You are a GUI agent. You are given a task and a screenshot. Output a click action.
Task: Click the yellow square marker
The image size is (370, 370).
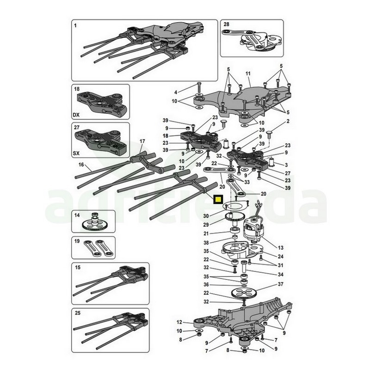(217, 200)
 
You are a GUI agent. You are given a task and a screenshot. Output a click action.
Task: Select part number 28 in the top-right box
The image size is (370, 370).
(226, 25)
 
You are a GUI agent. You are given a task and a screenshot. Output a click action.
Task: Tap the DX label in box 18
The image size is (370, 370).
(76, 115)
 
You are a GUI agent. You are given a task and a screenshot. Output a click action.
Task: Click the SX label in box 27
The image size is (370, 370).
(76, 153)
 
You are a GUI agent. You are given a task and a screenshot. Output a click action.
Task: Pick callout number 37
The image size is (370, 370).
(280, 284)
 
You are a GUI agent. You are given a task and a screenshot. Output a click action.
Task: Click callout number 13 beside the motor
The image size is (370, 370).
(280, 248)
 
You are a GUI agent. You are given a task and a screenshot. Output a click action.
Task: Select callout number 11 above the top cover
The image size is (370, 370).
(248, 74)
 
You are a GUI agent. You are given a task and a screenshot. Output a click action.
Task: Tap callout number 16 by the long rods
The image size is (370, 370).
(81, 165)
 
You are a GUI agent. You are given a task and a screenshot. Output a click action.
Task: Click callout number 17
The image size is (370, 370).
(142, 142)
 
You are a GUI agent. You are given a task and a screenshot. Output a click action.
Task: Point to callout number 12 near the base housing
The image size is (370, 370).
(179, 322)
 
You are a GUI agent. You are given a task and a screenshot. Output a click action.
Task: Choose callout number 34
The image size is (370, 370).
(280, 274)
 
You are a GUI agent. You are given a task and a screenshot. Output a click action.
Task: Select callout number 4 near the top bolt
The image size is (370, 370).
(175, 92)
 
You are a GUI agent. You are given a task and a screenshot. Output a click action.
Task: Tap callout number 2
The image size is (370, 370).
(288, 121)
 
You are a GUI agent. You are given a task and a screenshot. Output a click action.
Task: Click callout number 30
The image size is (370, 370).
(206, 216)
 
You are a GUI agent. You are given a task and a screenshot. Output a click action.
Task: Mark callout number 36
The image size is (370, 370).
(206, 284)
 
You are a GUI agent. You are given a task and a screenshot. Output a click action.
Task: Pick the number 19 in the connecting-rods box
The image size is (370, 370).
(77, 241)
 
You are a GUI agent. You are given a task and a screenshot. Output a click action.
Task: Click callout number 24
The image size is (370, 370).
(280, 257)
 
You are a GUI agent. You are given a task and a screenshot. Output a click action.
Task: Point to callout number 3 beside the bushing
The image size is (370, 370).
(286, 165)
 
